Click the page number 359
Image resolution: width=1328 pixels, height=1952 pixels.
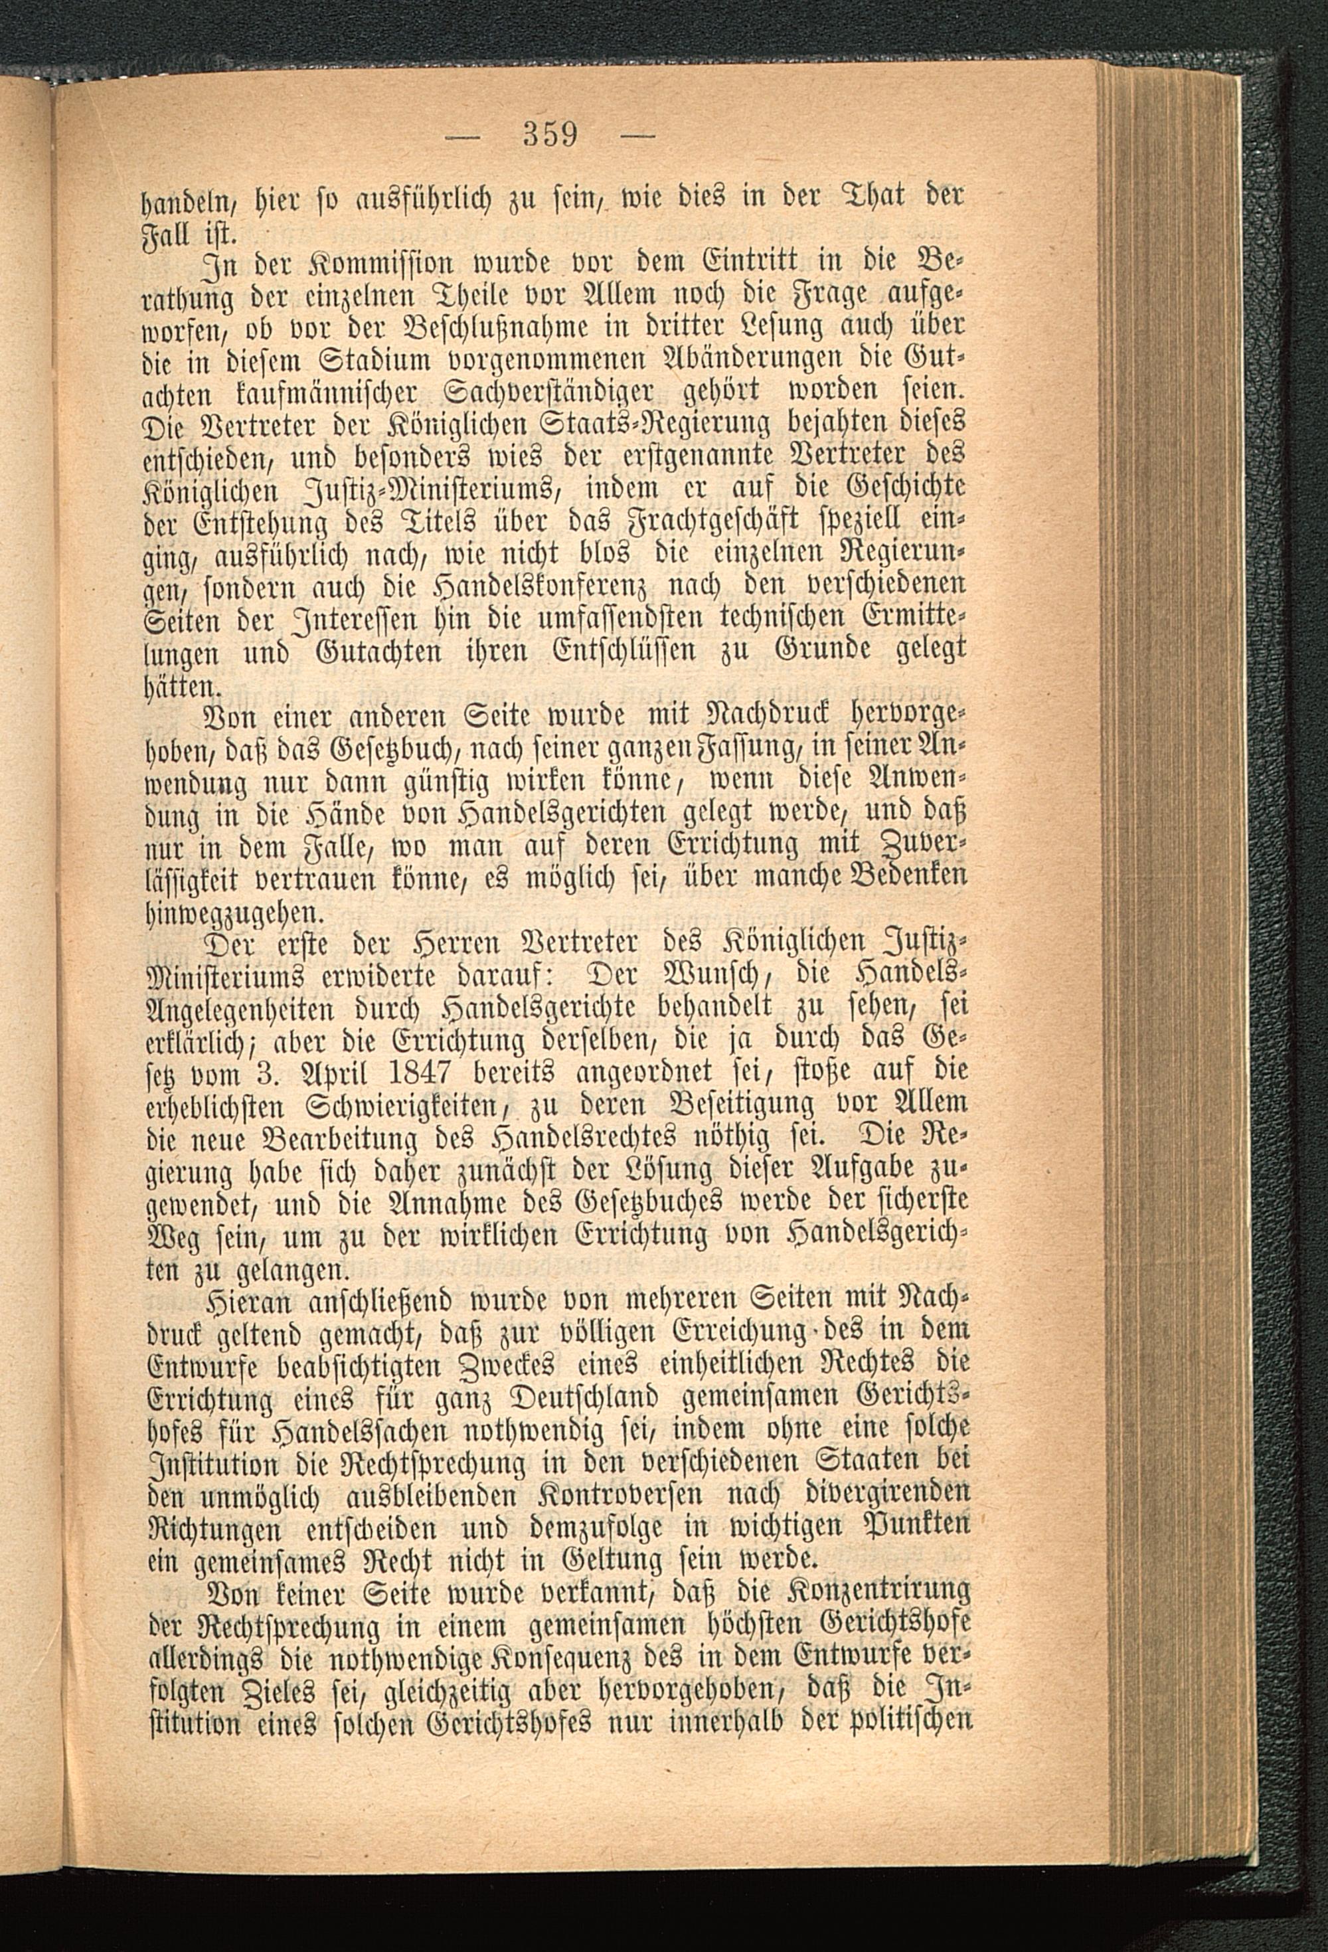[x=548, y=133]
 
